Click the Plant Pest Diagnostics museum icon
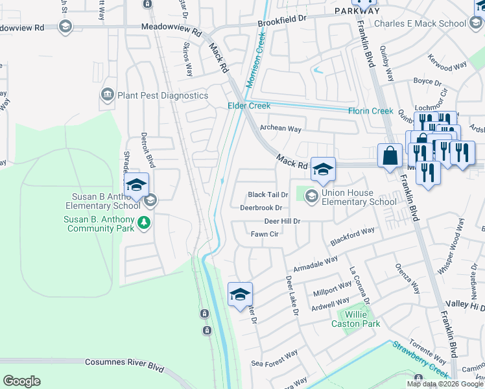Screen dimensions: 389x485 pos(107,95)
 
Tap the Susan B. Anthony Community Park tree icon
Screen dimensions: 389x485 pos(144,224)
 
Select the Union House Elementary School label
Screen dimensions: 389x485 pos(360,197)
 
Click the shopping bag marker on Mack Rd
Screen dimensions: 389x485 pos(390,156)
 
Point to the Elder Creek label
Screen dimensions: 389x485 pos(248,106)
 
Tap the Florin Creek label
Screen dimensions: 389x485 pos(371,111)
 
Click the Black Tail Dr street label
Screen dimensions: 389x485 pos(268,195)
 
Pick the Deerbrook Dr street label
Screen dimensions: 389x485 pos(261,208)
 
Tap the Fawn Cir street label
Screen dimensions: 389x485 pos(264,234)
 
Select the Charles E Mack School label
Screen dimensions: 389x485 pos(420,24)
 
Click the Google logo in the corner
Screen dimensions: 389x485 pos(21,381)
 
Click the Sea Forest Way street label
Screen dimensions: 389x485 pos(275,359)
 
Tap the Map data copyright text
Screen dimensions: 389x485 pos(445,384)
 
